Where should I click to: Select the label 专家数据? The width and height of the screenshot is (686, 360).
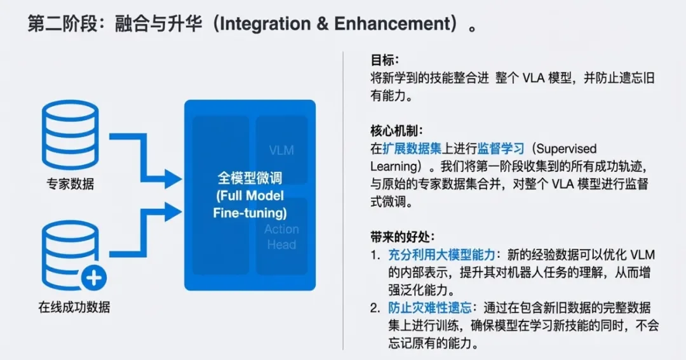(70, 184)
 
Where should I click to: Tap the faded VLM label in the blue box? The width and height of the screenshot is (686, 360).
(281, 150)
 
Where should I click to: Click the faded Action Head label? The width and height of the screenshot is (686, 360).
(281, 237)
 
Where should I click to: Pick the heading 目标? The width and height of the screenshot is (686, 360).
(385, 60)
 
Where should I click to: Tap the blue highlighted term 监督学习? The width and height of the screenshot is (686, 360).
(501, 149)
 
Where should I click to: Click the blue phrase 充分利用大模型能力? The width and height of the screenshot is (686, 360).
(442, 255)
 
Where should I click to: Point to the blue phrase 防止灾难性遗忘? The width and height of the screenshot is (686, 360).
(430, 308)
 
